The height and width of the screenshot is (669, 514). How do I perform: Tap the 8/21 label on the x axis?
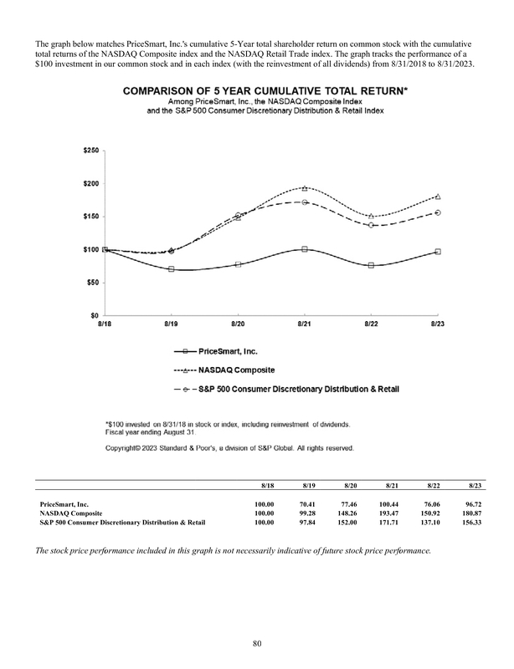tap(305, 323)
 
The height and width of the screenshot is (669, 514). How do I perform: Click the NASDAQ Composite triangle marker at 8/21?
tap(305, 188)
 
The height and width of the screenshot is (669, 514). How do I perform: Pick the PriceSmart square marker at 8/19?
tap(171, 269)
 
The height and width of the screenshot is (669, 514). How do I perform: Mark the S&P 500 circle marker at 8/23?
tap(439, 212)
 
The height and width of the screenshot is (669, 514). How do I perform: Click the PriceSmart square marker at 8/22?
tap(372, 265)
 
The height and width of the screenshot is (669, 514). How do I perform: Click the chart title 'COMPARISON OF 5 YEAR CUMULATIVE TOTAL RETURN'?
tap(266, 92)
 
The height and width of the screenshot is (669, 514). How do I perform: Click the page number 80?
tap(256, 642)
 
